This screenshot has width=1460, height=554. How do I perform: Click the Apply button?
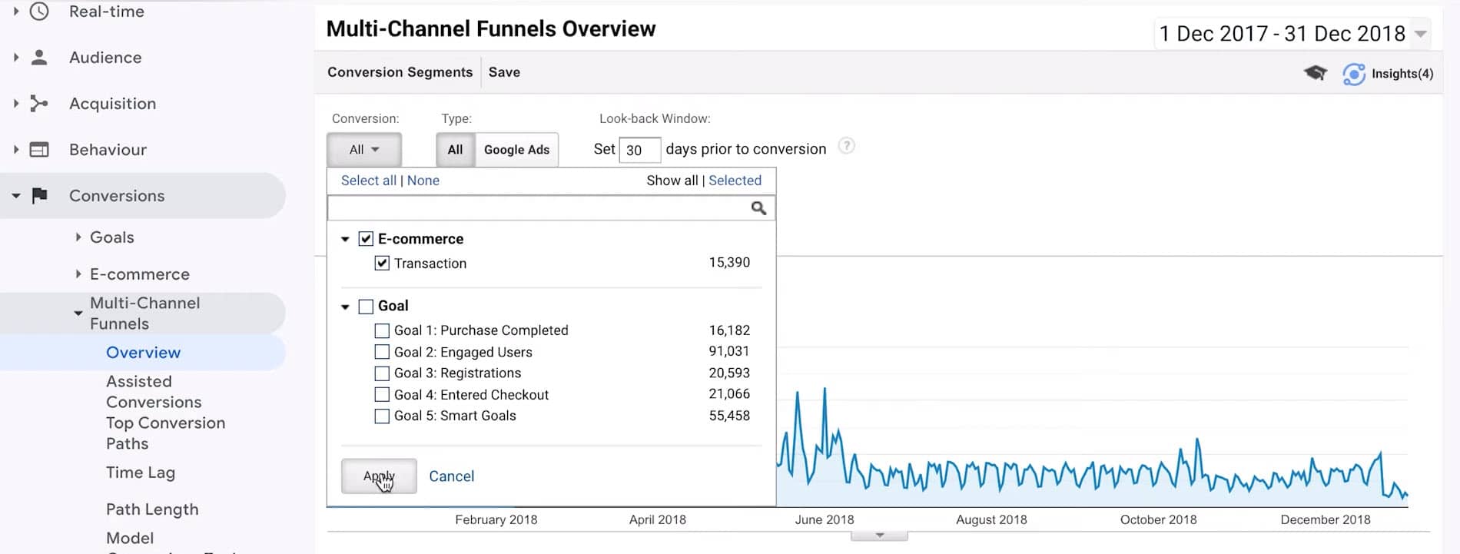point(379,476)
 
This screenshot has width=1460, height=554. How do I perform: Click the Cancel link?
point(451,476)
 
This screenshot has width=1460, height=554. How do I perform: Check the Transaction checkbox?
point(382,264)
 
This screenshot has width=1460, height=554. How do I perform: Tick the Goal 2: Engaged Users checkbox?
point(382,352)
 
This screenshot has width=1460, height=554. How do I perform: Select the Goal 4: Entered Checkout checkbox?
point(382,395)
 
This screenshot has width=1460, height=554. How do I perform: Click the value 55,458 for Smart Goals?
point(728,416)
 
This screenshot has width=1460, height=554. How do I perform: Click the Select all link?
point(368,181)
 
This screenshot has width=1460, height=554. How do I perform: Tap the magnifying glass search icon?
point(758,208)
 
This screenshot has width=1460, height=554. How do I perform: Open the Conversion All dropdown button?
point(364,150)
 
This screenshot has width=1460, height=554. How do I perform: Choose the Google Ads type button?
point(516,150)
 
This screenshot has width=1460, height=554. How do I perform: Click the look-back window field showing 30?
point(639,150)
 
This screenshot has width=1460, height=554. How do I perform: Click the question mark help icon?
point(846,146)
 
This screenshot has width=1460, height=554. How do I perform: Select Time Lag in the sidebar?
point(141,473)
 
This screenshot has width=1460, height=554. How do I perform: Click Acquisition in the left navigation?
point(112,104)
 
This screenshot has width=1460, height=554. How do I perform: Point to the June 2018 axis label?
point(824,519)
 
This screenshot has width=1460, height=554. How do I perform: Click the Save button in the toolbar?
point(504,72)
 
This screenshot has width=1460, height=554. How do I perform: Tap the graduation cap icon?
point(1315,73)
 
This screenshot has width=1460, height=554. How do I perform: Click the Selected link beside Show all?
point(735,181)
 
